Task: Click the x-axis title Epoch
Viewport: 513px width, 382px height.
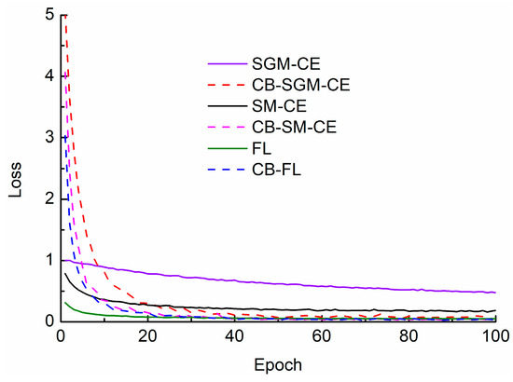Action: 278,364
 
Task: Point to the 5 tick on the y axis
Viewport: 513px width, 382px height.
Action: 46,16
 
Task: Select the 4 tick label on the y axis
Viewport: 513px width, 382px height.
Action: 46,76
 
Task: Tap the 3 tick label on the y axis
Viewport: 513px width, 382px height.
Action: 46,138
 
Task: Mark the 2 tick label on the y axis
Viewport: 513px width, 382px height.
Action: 46,198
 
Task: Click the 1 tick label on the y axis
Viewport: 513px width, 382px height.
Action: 46,260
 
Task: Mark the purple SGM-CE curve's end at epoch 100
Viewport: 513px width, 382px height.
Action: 494,293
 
